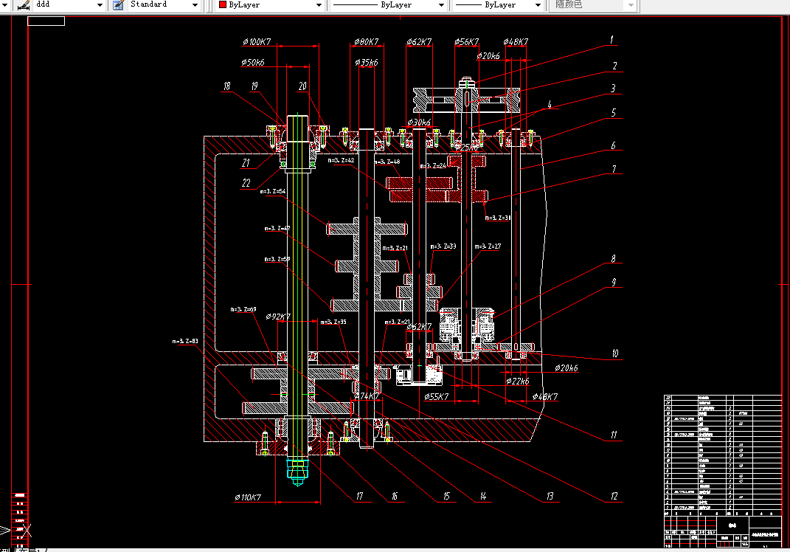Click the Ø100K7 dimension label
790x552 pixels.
pos(256,42)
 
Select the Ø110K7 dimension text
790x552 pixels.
pos(248,497)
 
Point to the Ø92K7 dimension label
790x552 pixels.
pos(278,317)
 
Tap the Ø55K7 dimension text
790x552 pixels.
pos(437,397)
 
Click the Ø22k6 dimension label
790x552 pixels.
pos(517,381)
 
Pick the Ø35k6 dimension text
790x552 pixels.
pos(366,63)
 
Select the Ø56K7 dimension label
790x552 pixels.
pos(467,42)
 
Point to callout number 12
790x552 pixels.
pos(612,497)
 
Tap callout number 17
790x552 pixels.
pos(359,497)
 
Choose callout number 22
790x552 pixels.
pos(246,182)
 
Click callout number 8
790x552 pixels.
pos(612,259)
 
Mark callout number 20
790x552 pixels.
pos(302,86)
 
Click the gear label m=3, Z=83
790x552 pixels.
pos(185,341)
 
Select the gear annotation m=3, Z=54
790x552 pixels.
pos(273,191)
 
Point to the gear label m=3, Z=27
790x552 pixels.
pos(488,246)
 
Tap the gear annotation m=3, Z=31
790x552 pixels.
pos(498,218)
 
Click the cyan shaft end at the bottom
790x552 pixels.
pos(298,469)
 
